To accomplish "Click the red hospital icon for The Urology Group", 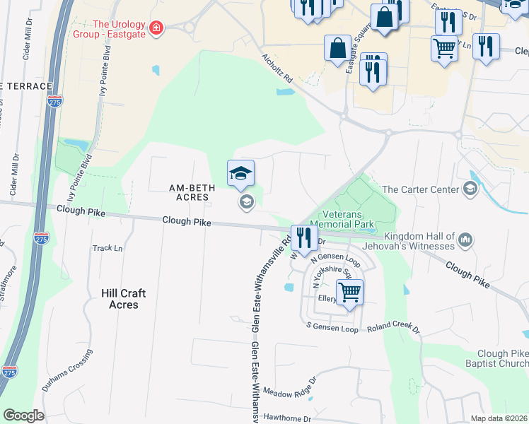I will (156, 29).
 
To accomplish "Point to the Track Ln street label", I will (107, 248).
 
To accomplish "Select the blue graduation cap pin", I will (240, 174).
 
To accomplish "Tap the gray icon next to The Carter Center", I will (470, 189).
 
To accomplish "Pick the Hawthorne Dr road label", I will (287, 418).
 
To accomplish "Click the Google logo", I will (23, 415).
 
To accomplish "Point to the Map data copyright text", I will (498, 418).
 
